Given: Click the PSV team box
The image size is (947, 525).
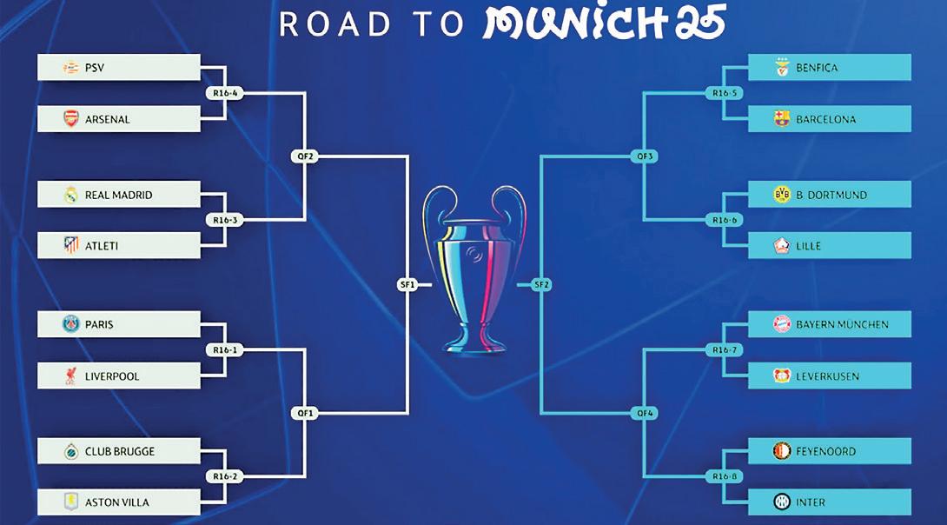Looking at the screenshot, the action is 119,68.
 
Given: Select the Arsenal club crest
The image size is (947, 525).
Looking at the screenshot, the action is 71,119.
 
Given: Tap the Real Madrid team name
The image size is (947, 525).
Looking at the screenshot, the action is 118,195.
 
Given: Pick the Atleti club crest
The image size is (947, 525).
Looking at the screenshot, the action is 71,246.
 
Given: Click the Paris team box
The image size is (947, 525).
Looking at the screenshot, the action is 119,324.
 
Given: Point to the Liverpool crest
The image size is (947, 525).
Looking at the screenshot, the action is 71,375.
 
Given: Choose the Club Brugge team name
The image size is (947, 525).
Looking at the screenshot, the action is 120,451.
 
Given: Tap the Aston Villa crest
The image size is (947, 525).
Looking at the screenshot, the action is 71,502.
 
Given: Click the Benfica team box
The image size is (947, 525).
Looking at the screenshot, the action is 829,68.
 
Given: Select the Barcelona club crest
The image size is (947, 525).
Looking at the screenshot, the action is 782,119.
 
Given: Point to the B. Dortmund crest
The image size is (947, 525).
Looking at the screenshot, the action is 782,195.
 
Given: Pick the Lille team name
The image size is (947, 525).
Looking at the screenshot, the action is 808,246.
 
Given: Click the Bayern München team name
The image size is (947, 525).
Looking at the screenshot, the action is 842,324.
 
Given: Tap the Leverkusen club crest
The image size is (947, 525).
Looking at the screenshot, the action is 782,375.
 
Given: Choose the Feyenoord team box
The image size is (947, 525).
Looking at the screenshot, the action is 829,451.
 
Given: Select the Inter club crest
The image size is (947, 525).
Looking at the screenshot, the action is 782,502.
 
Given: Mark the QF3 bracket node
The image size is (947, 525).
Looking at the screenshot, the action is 645,156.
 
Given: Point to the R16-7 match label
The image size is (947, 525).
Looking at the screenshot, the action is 724,350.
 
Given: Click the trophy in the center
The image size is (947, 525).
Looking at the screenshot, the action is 474,269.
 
